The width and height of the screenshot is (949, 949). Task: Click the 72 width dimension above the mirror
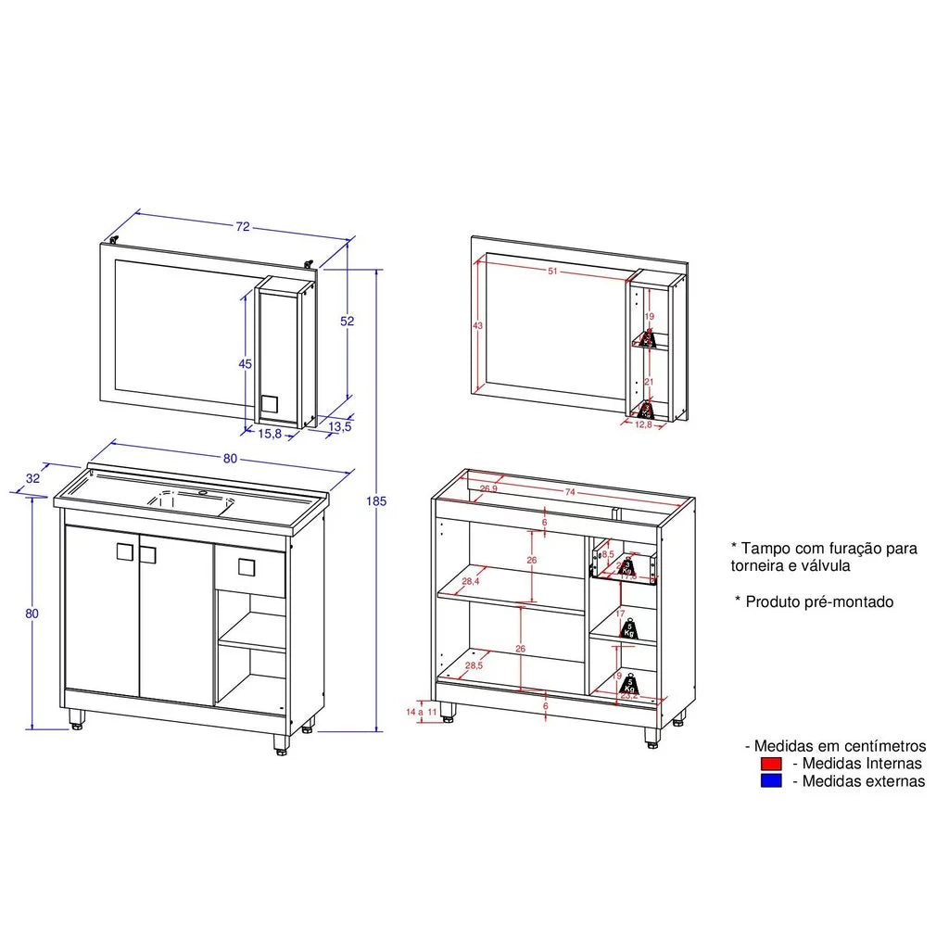(x=243, y=226)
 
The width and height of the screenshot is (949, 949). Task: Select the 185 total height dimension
(x=375, y=501)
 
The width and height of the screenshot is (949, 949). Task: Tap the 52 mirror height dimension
(x=348, y=321)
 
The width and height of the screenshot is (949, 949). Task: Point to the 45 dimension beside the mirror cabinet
(x=246, y=364)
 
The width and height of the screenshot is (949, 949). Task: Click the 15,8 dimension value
(x=271, y=433)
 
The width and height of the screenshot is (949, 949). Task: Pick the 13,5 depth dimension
(x=340, y=426)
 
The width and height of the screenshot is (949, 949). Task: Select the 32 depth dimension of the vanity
(x=33, y=478)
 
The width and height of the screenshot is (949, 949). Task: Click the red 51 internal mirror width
(x=552, y=272)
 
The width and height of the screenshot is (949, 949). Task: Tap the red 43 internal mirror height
(x=478, y=326)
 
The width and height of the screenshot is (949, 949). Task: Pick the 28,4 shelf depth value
(x=470, y=581)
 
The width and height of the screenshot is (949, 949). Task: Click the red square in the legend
(x=771, y=764)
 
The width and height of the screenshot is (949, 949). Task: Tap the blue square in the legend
(x=771, y=781)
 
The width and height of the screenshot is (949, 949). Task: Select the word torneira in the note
(x=756, y=565)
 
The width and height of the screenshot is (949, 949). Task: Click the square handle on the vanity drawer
(x=247, y=567)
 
